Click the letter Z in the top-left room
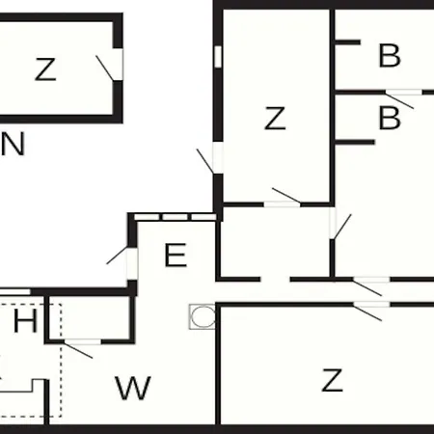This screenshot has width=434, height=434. click(x=45, y=69)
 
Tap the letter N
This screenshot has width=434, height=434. click(x=13, y=144)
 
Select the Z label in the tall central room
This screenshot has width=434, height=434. click(x=275, y=119)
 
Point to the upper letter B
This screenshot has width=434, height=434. click(x=390, y=56)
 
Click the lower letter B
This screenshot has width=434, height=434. click(x=390, y=118)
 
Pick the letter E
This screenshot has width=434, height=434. click(x=176, y=255)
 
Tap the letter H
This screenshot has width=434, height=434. click(x=25, y=321)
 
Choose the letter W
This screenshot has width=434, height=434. click(x=133, y=388)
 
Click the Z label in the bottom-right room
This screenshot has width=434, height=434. click(x=333, y=380)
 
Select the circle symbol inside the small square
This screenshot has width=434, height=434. click(x=203, y=316)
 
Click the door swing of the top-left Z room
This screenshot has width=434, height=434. click(x=105, y=68)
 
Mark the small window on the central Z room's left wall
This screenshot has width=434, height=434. click(x=218, y=57)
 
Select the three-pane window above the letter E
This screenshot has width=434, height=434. click(x=176, y=217)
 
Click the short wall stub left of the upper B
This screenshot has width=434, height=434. click(x=348, y=42)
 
